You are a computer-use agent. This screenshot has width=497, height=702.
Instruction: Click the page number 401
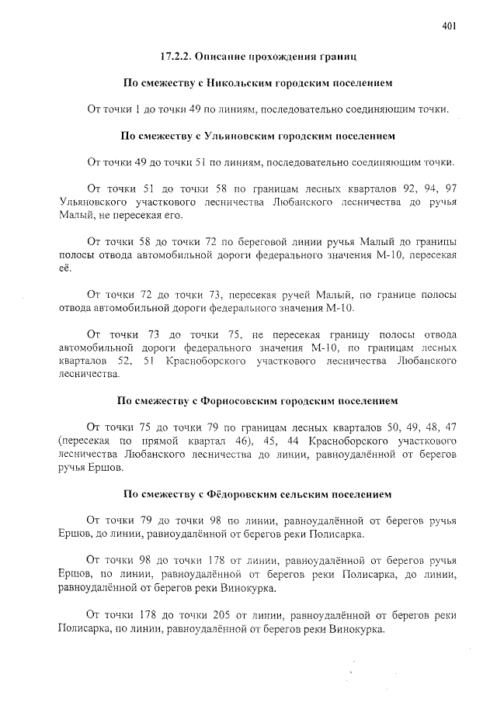[449, 26]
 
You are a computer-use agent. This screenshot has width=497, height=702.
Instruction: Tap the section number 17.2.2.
[176, 57]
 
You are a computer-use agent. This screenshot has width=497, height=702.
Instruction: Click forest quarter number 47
[450, 427]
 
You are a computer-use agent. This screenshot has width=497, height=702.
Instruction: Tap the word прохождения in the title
[282, 57]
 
